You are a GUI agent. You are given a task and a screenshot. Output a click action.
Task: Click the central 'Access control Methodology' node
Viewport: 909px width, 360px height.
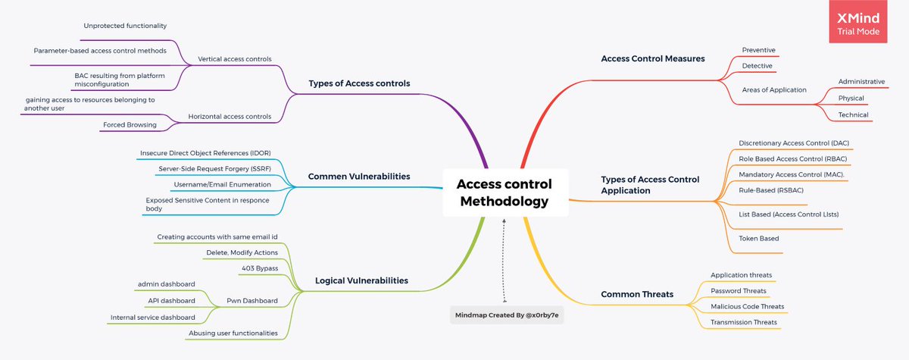point(504,193)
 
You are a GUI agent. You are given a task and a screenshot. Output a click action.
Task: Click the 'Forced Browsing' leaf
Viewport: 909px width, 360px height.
point(130,124)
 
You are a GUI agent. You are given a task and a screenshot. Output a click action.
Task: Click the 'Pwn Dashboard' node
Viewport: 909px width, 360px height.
point(253,300)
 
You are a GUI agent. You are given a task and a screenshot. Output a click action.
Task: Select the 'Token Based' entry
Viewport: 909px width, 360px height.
point(758,238)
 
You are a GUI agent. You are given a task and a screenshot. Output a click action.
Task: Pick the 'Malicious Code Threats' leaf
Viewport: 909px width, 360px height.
point(747,306)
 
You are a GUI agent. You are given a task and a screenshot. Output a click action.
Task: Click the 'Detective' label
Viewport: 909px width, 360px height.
point(757,66)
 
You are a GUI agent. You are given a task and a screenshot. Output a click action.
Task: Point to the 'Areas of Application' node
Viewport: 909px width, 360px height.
point(774,89)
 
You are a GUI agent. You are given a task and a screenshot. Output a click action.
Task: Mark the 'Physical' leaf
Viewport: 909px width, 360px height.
point(851,98)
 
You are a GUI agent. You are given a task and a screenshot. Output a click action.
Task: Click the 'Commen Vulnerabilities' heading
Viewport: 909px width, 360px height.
point(359,176)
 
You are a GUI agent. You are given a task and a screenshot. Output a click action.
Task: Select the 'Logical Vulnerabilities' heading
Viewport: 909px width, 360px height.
point(361,280)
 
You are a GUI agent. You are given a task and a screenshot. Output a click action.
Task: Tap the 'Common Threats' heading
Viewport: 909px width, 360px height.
point(637,294)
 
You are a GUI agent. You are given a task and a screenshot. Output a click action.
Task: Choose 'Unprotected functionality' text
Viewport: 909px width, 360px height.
point(125,26)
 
